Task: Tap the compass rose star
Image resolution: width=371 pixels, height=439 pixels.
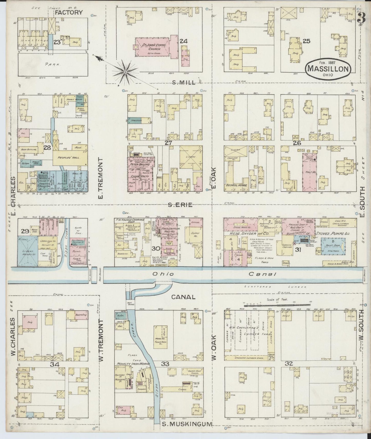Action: (125, 72)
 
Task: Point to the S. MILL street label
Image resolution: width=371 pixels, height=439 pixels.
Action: (184, 82)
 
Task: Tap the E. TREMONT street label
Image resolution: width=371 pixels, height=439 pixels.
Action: (100, 178)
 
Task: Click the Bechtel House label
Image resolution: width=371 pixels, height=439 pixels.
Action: (236, 185)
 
